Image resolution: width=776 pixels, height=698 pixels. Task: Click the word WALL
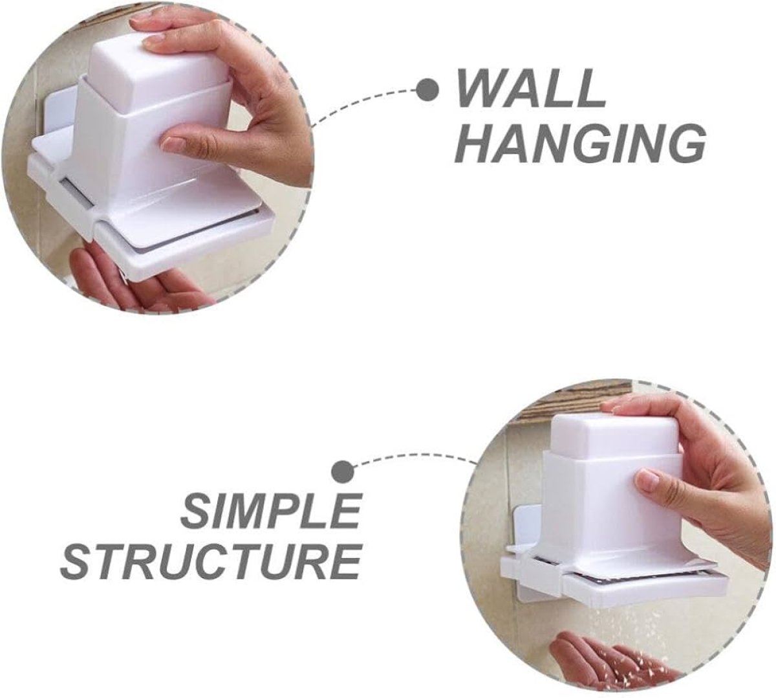coord(530,89)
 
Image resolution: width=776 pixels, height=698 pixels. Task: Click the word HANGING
coord(579,144)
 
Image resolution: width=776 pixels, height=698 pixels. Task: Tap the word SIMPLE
coord(270,512)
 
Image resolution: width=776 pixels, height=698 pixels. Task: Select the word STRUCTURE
coord(211,565)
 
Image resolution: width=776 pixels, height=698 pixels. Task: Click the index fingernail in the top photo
coord(173,144)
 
